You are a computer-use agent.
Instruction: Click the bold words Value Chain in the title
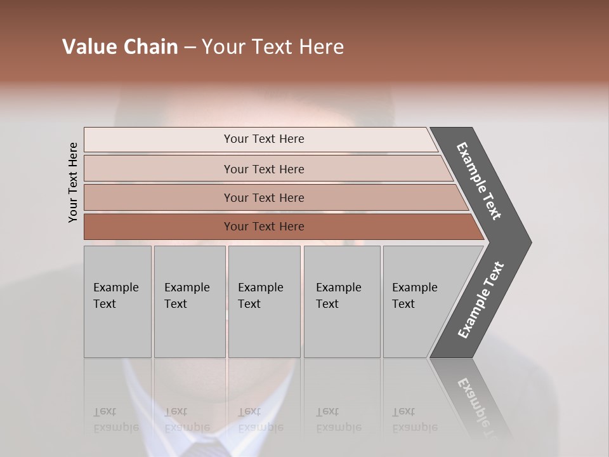coord(120,47)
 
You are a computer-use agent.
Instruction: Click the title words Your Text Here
coord(273,47)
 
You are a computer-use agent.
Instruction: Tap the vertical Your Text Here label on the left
coord(73,182)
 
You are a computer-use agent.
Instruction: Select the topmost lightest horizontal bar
coord(159,140)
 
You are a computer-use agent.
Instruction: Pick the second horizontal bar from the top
coord(159,169)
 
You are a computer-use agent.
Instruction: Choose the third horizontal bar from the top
coord(159,197)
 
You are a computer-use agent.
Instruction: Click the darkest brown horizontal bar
coord(159,227)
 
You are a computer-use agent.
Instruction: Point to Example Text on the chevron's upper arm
coord(479,181)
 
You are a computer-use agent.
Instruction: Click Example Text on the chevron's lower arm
coord(480,300)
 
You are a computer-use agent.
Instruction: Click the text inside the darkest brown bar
coord(264,227)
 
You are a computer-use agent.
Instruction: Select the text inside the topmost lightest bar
coord(264,139)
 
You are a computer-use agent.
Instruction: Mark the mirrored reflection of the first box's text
coord(115,420)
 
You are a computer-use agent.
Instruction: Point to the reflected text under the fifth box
coord(414,420)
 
